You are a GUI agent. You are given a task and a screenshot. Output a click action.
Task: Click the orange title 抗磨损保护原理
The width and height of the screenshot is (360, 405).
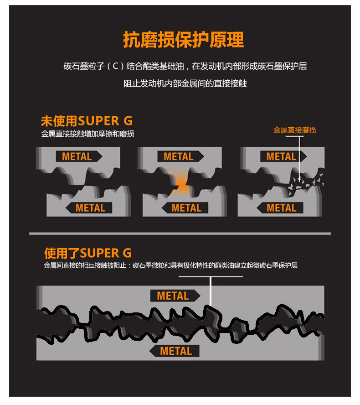(184, 40)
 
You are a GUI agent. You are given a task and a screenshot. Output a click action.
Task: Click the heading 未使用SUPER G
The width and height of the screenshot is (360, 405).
(87, 121)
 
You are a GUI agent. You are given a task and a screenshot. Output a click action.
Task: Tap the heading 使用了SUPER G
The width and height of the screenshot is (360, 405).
(88, 253)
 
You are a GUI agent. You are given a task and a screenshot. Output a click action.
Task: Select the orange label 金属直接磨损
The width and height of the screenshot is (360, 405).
(294, 130)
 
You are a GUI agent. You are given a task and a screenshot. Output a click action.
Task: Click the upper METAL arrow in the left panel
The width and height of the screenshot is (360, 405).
(79, 156)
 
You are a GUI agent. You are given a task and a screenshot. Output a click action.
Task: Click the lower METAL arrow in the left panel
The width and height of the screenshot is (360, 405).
(89, 208)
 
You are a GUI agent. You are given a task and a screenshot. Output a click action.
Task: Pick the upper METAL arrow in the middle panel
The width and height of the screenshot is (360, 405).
(180, 156)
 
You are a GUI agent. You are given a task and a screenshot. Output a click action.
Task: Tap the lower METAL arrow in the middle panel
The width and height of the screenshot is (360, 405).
(185, 208)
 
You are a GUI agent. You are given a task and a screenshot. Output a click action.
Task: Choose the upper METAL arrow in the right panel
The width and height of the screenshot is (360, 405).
(283, 156)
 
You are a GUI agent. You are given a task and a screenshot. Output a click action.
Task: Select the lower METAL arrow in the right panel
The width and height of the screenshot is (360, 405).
(280, 208)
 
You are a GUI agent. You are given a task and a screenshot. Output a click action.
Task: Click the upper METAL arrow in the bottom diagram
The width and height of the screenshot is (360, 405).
(175, 296)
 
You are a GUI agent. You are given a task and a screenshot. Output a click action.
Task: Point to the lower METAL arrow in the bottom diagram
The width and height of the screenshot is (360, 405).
(174, 351)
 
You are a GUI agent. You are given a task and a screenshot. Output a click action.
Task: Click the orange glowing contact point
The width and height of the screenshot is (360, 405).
(182, 183)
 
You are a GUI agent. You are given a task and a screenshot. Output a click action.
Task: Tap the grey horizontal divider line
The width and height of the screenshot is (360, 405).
(180, 234)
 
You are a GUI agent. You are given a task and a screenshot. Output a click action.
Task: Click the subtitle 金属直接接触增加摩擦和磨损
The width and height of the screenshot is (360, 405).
(87, 134)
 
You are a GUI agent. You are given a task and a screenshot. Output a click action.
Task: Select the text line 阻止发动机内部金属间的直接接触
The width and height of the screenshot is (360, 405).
(185, 83)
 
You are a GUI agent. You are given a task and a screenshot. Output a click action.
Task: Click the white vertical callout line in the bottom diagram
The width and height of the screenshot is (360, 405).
(211, 291)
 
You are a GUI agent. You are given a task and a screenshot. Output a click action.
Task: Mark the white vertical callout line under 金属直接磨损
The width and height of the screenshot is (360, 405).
(299, 158)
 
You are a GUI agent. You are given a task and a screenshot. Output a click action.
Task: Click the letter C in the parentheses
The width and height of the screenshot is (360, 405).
(115, 66)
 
